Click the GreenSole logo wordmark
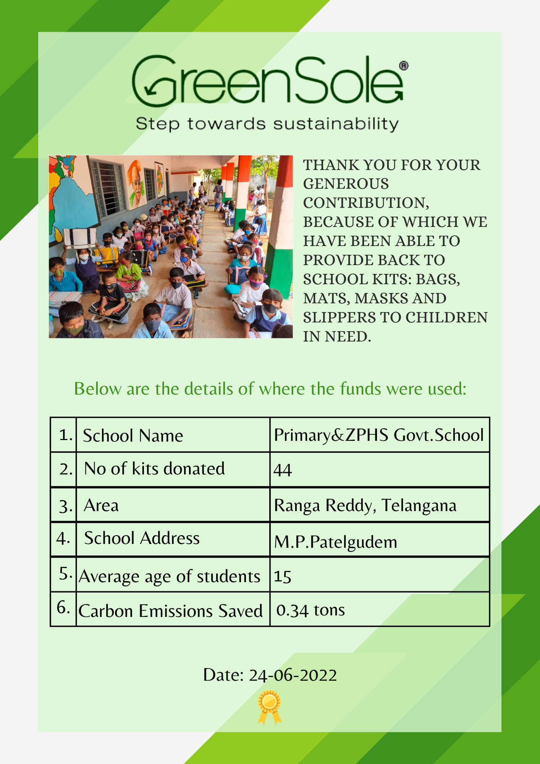(x=267, y=81)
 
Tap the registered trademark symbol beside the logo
(x=404, y=66)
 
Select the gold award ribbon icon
(x=270, y=707)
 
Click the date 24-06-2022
(x=293, y=675)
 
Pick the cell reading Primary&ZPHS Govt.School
(x=379, y=435)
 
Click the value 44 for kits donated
(x=283, y=470)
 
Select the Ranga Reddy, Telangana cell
(x=365, y=505)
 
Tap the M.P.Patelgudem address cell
(x=336, y=542)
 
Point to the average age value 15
(x=283, y=576)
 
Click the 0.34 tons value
(x=310, y=610)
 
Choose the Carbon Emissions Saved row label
(x=170, y=611)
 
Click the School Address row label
(x=142, y=538)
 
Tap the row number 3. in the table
(x=65, y=506)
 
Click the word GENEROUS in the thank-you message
(x=346, y=184)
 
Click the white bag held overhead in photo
(x=80, y=238)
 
